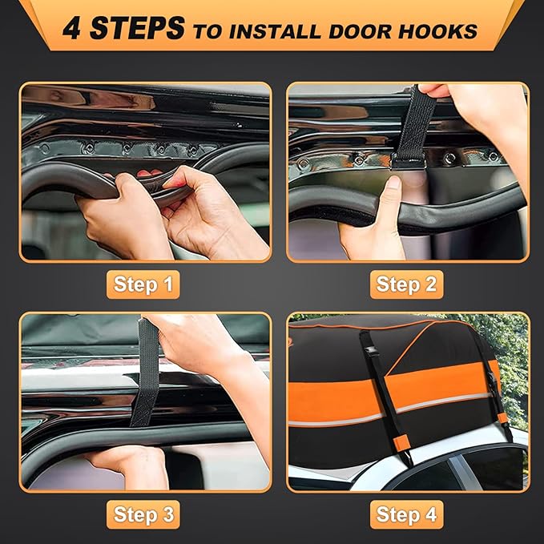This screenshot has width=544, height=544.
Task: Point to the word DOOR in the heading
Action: (361, 31)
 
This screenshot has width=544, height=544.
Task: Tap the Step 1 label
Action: (143, 284)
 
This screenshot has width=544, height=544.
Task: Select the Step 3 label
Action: (143, 513)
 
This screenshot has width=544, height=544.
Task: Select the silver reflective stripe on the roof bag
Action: (449, 405)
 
